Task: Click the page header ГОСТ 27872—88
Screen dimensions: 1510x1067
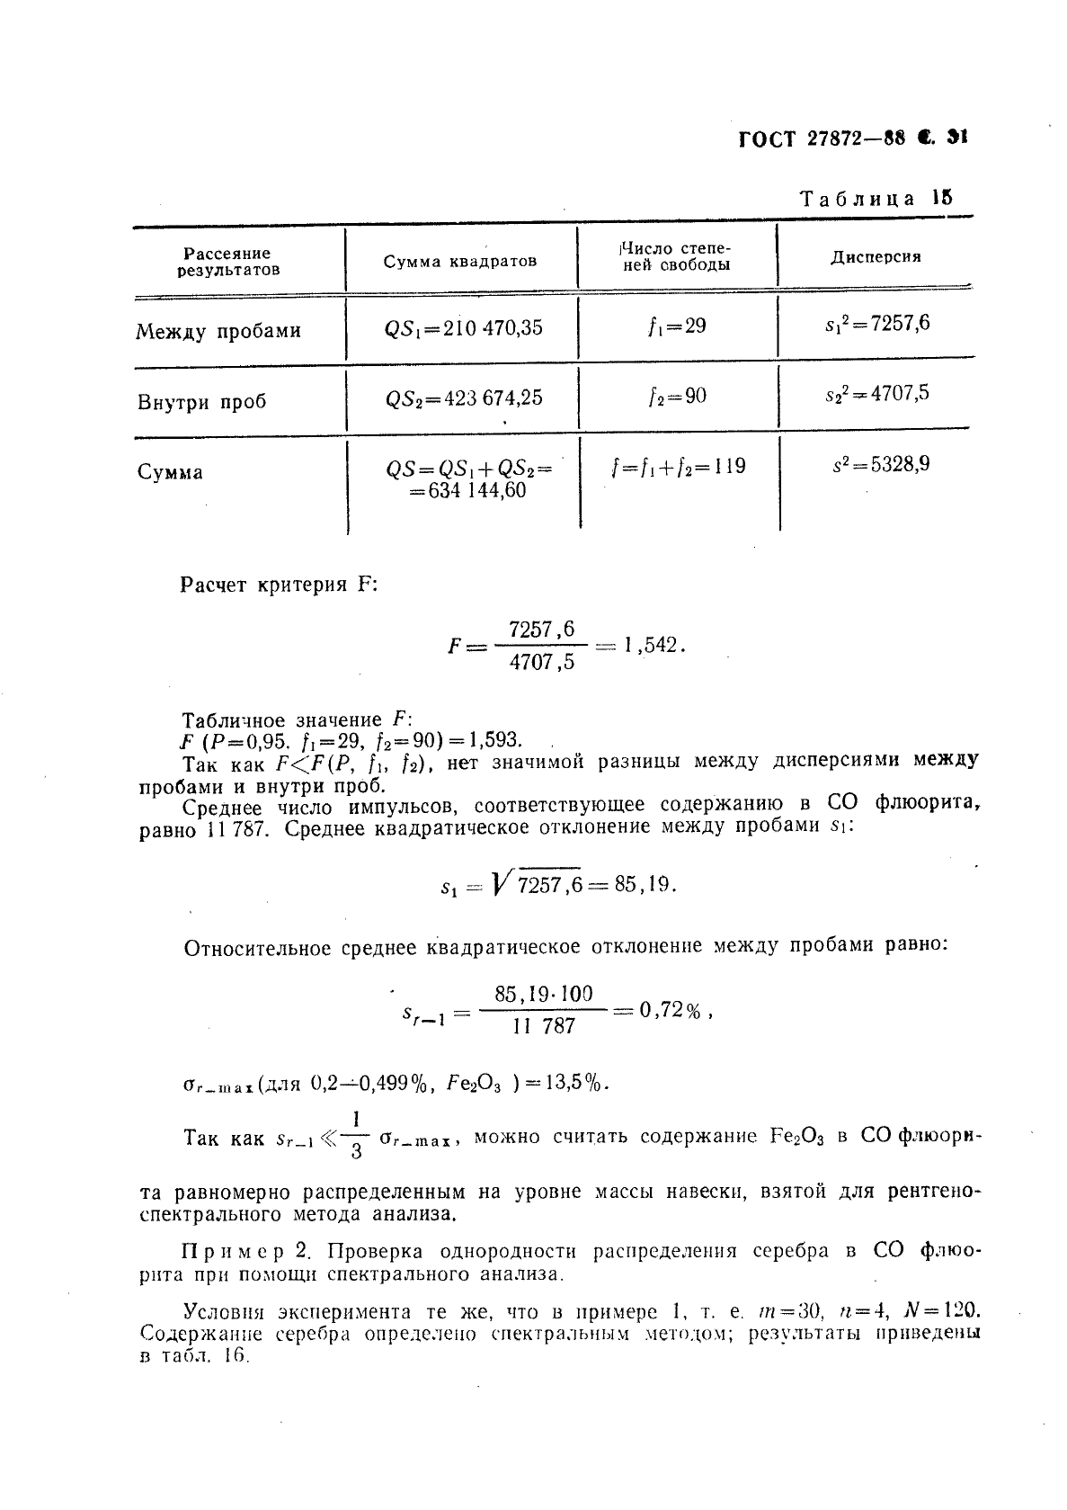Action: pos(820,138)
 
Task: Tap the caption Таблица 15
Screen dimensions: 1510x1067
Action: pos(876,199)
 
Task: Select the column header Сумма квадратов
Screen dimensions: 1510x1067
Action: pos(459,261)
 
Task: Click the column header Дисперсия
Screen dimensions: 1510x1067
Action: pos(875,257)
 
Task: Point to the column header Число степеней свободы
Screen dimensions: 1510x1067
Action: pos(676,256)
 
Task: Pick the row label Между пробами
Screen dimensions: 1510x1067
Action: pos(218,331)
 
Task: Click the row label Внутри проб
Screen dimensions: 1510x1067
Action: pos(202,401)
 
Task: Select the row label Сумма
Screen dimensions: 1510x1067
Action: pos(171,472)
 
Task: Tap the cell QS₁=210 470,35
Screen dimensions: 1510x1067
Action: pos(463,328)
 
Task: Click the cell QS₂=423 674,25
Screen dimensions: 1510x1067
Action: pos(463,398)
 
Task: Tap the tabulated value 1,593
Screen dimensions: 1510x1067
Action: pos(490,740)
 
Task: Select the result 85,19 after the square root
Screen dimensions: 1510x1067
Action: pos(644,884)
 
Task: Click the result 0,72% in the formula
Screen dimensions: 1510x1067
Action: pos(669,1011)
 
